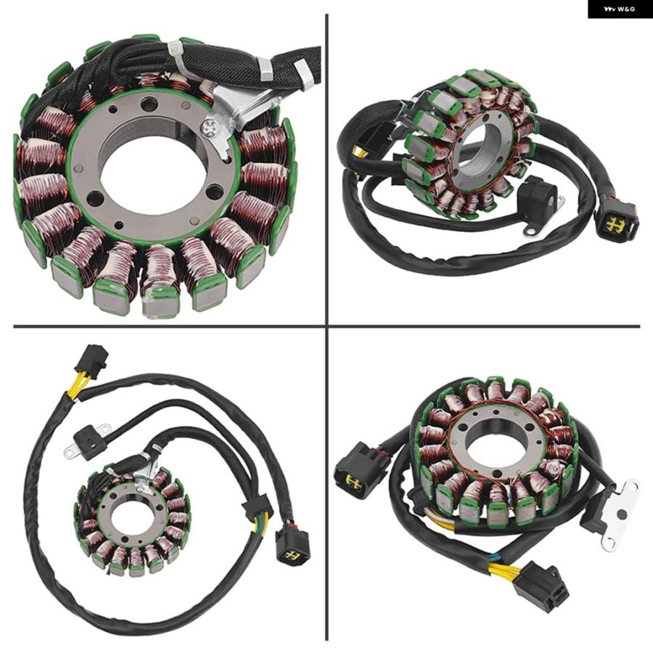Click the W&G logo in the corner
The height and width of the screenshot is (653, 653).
[x=620, y=9]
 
